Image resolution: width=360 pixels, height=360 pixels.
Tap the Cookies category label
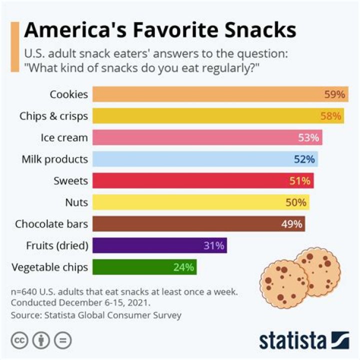click(x=68, y=94)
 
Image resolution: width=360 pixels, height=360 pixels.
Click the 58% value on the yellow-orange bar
click(x=331, y=116)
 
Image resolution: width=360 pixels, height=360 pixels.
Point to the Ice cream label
click(x=64, y=137)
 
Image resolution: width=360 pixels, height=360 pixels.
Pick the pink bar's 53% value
click(x=308, y=137)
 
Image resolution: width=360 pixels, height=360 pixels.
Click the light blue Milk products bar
click(x=205, y=159)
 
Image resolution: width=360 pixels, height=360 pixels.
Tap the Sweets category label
click(x=70, y=181)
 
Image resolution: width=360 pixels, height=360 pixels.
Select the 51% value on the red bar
click(x=300, y=181)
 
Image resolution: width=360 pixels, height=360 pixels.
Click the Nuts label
click(x=76, y=202)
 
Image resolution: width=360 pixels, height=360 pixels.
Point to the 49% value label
click(x=291, y=224)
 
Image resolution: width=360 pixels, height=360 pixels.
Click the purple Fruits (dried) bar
click(x=160, y=245)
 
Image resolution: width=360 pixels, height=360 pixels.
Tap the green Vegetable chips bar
click(x=144, y=267)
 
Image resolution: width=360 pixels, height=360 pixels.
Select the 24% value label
click(x=183, y=267)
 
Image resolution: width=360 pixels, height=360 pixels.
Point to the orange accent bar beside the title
click(x=14, y=47)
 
